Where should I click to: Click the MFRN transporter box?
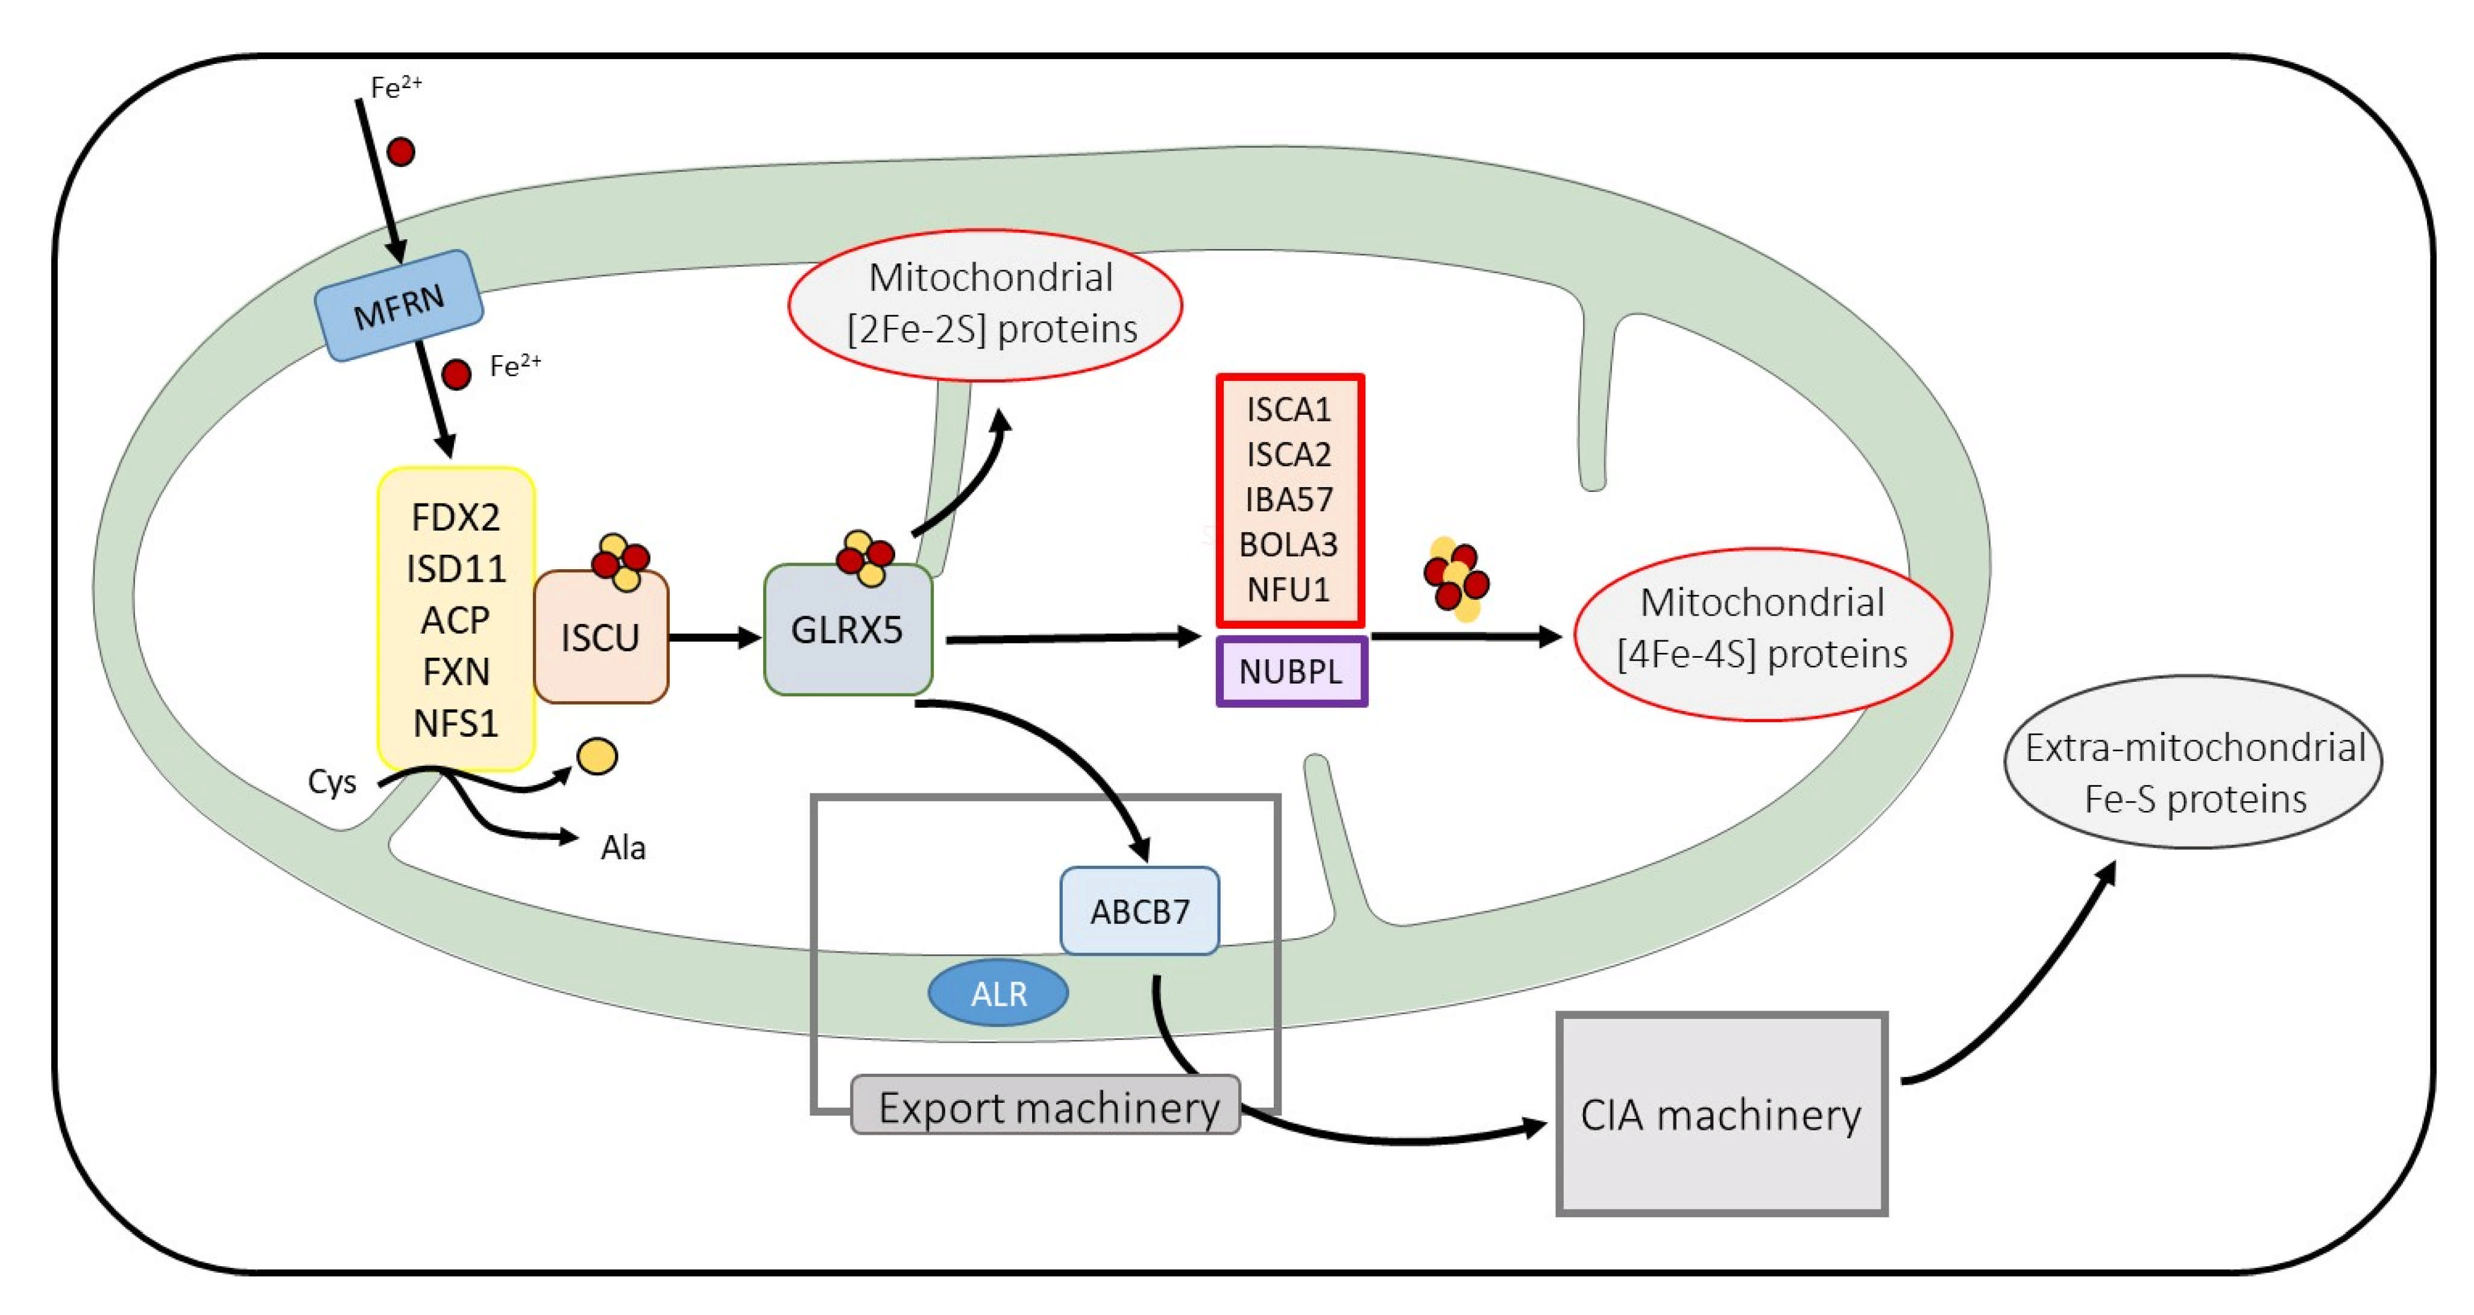398,306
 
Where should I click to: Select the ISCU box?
601,637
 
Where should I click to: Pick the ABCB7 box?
1140,910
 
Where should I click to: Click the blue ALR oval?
998,992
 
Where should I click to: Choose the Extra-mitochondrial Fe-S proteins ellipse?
2194,762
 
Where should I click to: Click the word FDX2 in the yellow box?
455,517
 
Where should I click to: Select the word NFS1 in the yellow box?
455,722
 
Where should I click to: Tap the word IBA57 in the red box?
1289,499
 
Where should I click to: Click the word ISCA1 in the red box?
1289,409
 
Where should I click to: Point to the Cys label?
332,781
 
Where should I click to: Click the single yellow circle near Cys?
596,756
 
